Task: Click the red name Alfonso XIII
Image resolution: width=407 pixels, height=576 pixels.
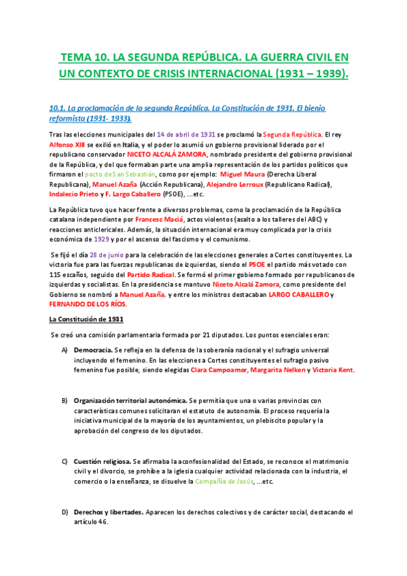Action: pyautogui.click(x=67, y=145)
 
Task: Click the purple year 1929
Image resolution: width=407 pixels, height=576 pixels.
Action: pyautogui.click(x=94, y=241)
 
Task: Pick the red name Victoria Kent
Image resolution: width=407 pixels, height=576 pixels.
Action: pyautogui.click(x=333, y=370)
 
